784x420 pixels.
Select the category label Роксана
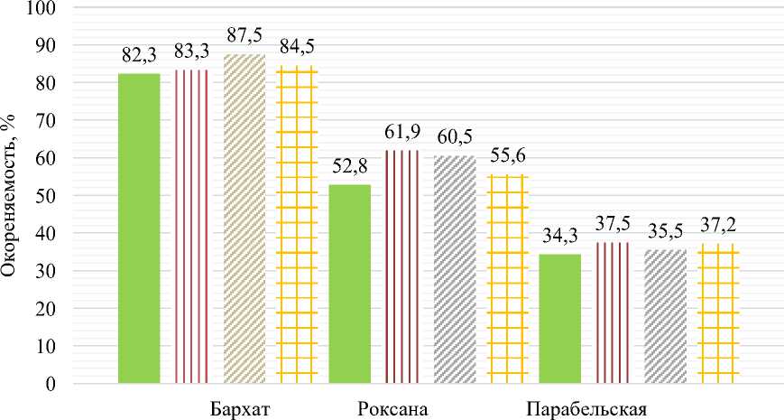tap(388, 407)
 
